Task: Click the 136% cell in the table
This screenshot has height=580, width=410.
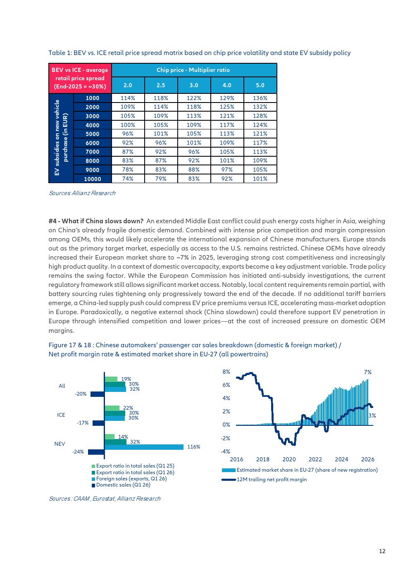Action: click(260, 98)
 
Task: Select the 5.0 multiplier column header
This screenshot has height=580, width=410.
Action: click(260, 85)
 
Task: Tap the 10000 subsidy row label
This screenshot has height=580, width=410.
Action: click(93, 179)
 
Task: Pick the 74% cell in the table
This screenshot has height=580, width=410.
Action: click(128, 179)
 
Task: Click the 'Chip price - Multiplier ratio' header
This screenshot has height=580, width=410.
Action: click(193, 70)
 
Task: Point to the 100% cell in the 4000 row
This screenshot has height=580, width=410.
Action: click(128, 125)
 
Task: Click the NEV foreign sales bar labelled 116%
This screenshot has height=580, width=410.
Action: click(144, 446)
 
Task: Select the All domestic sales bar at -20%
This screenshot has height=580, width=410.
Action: click(98, 394)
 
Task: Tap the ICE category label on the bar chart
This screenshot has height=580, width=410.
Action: click(61, 415)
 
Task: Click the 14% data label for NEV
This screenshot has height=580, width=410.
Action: click(123, 437)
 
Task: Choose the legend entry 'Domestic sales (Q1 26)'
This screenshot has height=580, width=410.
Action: click(121, 485)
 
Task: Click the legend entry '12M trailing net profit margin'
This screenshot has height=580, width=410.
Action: click(264, 479)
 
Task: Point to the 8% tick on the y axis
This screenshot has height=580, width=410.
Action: click(226, 372)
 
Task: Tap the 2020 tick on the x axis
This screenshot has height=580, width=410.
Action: click(289, 459)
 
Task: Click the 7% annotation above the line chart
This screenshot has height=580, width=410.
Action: click(367, 372)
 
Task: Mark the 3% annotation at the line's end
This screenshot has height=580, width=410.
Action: click(372, 415)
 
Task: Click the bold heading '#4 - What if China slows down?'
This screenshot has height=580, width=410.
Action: click(96, 221)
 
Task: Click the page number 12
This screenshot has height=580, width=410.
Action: click(382, 551)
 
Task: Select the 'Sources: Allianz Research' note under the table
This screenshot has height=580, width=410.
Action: click(82, 193)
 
